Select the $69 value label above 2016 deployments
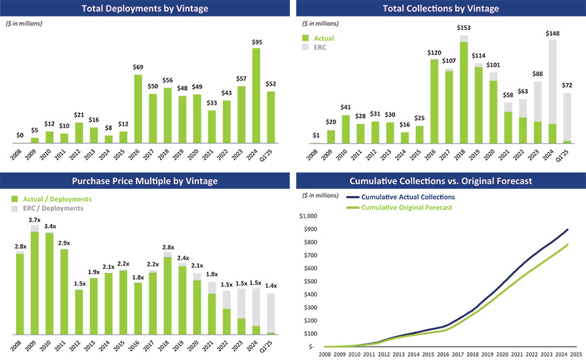137,68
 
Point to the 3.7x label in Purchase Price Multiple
34,220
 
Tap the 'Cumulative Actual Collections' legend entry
407,197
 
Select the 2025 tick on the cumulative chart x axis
576,354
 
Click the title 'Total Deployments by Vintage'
144,9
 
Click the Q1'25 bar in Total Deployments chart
271,116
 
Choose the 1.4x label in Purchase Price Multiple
271,286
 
